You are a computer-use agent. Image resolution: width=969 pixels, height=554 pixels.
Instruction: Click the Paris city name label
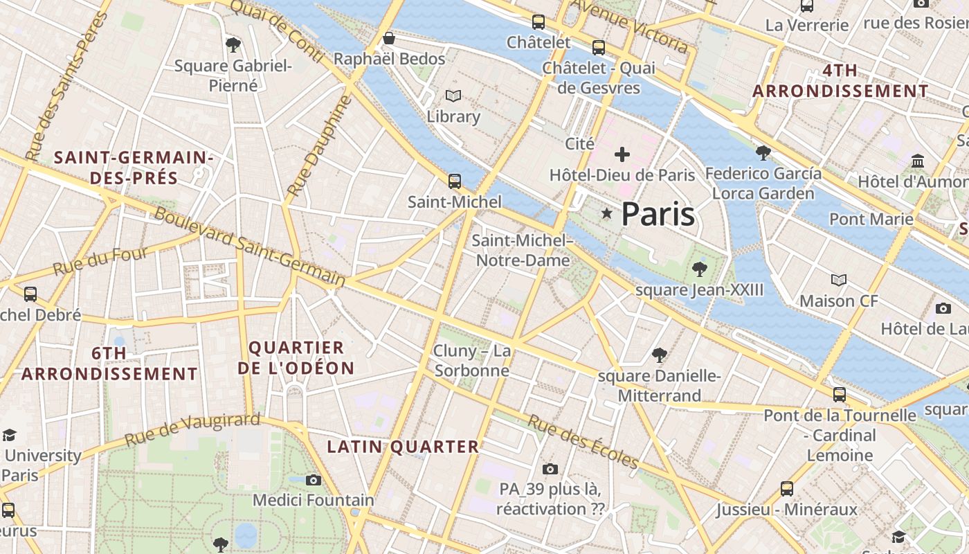(658, 214)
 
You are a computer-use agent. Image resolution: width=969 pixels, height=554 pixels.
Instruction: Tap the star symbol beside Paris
(607, 214)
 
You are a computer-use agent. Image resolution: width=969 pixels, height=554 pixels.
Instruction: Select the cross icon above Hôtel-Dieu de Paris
(622, 154)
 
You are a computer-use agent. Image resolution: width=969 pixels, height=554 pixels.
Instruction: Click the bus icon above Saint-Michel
(454, 181)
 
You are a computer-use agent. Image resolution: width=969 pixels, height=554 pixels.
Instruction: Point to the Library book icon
(453, 96)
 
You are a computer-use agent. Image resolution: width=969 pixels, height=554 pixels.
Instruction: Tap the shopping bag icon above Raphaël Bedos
(389, 38)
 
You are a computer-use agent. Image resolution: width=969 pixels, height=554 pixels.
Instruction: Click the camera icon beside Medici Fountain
(313, 480)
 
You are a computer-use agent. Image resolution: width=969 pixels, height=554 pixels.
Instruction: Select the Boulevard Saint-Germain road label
(250, 247)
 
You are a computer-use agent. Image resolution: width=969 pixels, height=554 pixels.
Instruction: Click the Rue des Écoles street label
(583, 441)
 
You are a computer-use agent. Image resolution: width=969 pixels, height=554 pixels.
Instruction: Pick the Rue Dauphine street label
(319, 146)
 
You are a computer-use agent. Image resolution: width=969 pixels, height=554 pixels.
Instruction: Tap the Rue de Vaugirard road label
(192, 429)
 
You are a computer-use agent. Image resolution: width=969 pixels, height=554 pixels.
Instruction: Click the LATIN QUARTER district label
(403, 447)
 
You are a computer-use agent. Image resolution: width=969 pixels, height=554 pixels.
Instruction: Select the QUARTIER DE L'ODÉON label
(296, 358)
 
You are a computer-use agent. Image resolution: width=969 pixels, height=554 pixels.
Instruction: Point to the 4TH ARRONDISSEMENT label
(840, 81)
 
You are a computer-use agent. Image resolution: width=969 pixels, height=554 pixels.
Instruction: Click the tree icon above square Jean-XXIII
(699, 269)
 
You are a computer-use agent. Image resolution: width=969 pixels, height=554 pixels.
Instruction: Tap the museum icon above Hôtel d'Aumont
(918, 161)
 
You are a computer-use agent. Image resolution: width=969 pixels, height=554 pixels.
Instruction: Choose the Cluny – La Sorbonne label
(472, 361)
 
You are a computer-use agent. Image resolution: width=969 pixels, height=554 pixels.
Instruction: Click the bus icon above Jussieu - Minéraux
(787, 489)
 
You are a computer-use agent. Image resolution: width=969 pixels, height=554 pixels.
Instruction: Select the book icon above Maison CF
(838, 280)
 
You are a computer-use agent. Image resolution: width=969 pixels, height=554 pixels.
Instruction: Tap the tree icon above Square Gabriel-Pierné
(233, 45)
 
